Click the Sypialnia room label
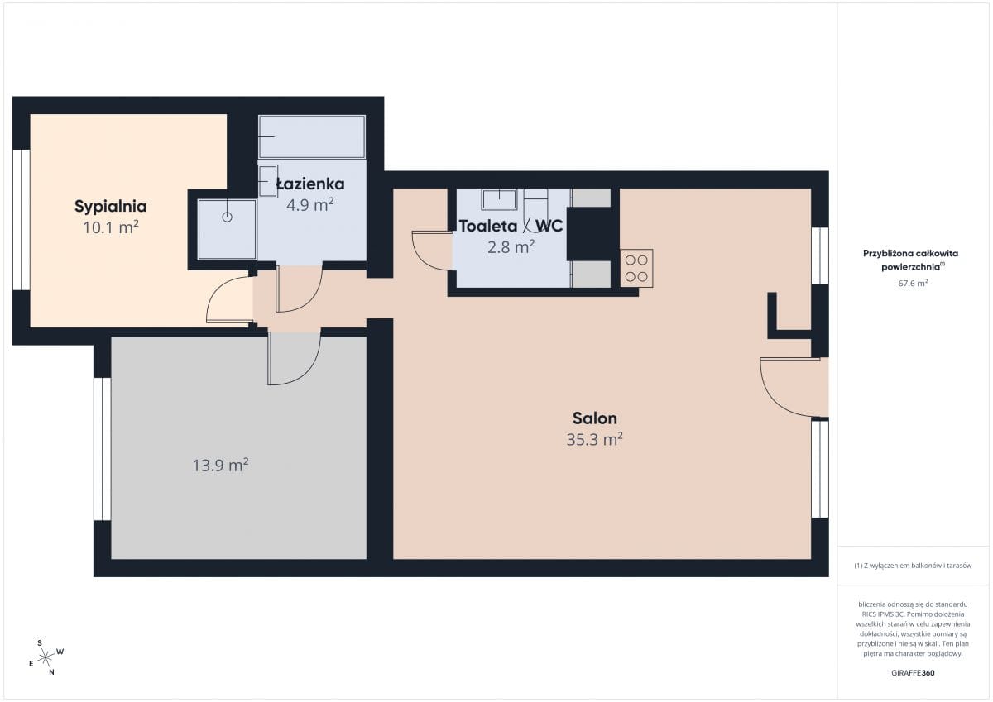coord(110,207)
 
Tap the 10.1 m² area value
coord(111,227)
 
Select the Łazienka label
coord(309,184)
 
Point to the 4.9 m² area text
coord(309,205)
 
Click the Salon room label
coord(594,418)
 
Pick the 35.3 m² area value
coord(594,439)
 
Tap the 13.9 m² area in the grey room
coord(220,466)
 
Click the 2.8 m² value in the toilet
coord(511,247)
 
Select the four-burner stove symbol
coord(636,269)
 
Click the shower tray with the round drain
coord(227,229)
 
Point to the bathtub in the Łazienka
coord(312,137)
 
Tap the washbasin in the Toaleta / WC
coord(499,199)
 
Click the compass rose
coord(46,657)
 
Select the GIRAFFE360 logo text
coord(913,673)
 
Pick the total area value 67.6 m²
coord(913,283)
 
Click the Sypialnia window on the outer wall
coord(22,220)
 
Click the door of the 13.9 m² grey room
coord(295,358)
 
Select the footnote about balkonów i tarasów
coord(913,566)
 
